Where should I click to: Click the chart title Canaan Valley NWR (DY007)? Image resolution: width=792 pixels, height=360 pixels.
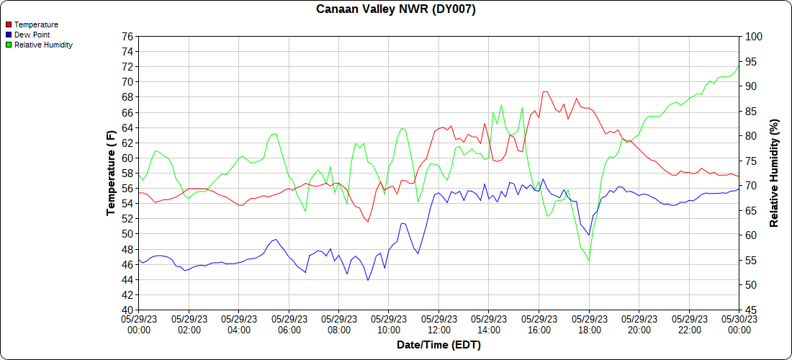pos(396,9)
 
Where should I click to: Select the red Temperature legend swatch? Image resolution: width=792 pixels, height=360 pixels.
pos(9,24)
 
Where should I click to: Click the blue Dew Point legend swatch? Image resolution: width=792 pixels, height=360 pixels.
pos(9,35)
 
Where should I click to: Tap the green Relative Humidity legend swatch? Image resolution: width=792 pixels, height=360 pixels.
pos(9,45)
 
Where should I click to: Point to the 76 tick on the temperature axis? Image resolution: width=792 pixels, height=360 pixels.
pos(128,36)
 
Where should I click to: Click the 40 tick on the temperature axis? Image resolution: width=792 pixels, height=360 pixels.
pos(128,310)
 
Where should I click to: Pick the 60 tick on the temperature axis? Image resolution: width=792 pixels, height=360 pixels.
pos(128,158)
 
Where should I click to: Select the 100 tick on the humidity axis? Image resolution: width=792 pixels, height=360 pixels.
pos(752,36)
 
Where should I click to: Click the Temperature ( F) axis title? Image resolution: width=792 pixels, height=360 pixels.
pos(111,173)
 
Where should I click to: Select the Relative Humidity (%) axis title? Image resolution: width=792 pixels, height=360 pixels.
pos(775,173)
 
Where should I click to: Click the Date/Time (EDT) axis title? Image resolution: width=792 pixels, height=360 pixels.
pos(438,345)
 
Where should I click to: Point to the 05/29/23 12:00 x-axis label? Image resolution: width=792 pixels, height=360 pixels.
pos(438,324)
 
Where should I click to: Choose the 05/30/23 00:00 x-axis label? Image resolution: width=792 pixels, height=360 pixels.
pos(739,324)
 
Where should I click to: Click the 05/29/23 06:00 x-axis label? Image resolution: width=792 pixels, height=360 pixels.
pos(289,324)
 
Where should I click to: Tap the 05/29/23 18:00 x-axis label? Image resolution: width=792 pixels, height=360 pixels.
pos(589,324)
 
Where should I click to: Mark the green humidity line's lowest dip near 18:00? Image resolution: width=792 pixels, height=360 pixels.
pos(589,261)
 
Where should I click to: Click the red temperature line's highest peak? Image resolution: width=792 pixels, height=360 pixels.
pos(545,91)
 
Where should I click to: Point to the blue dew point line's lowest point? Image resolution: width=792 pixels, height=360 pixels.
pos(368,280)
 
